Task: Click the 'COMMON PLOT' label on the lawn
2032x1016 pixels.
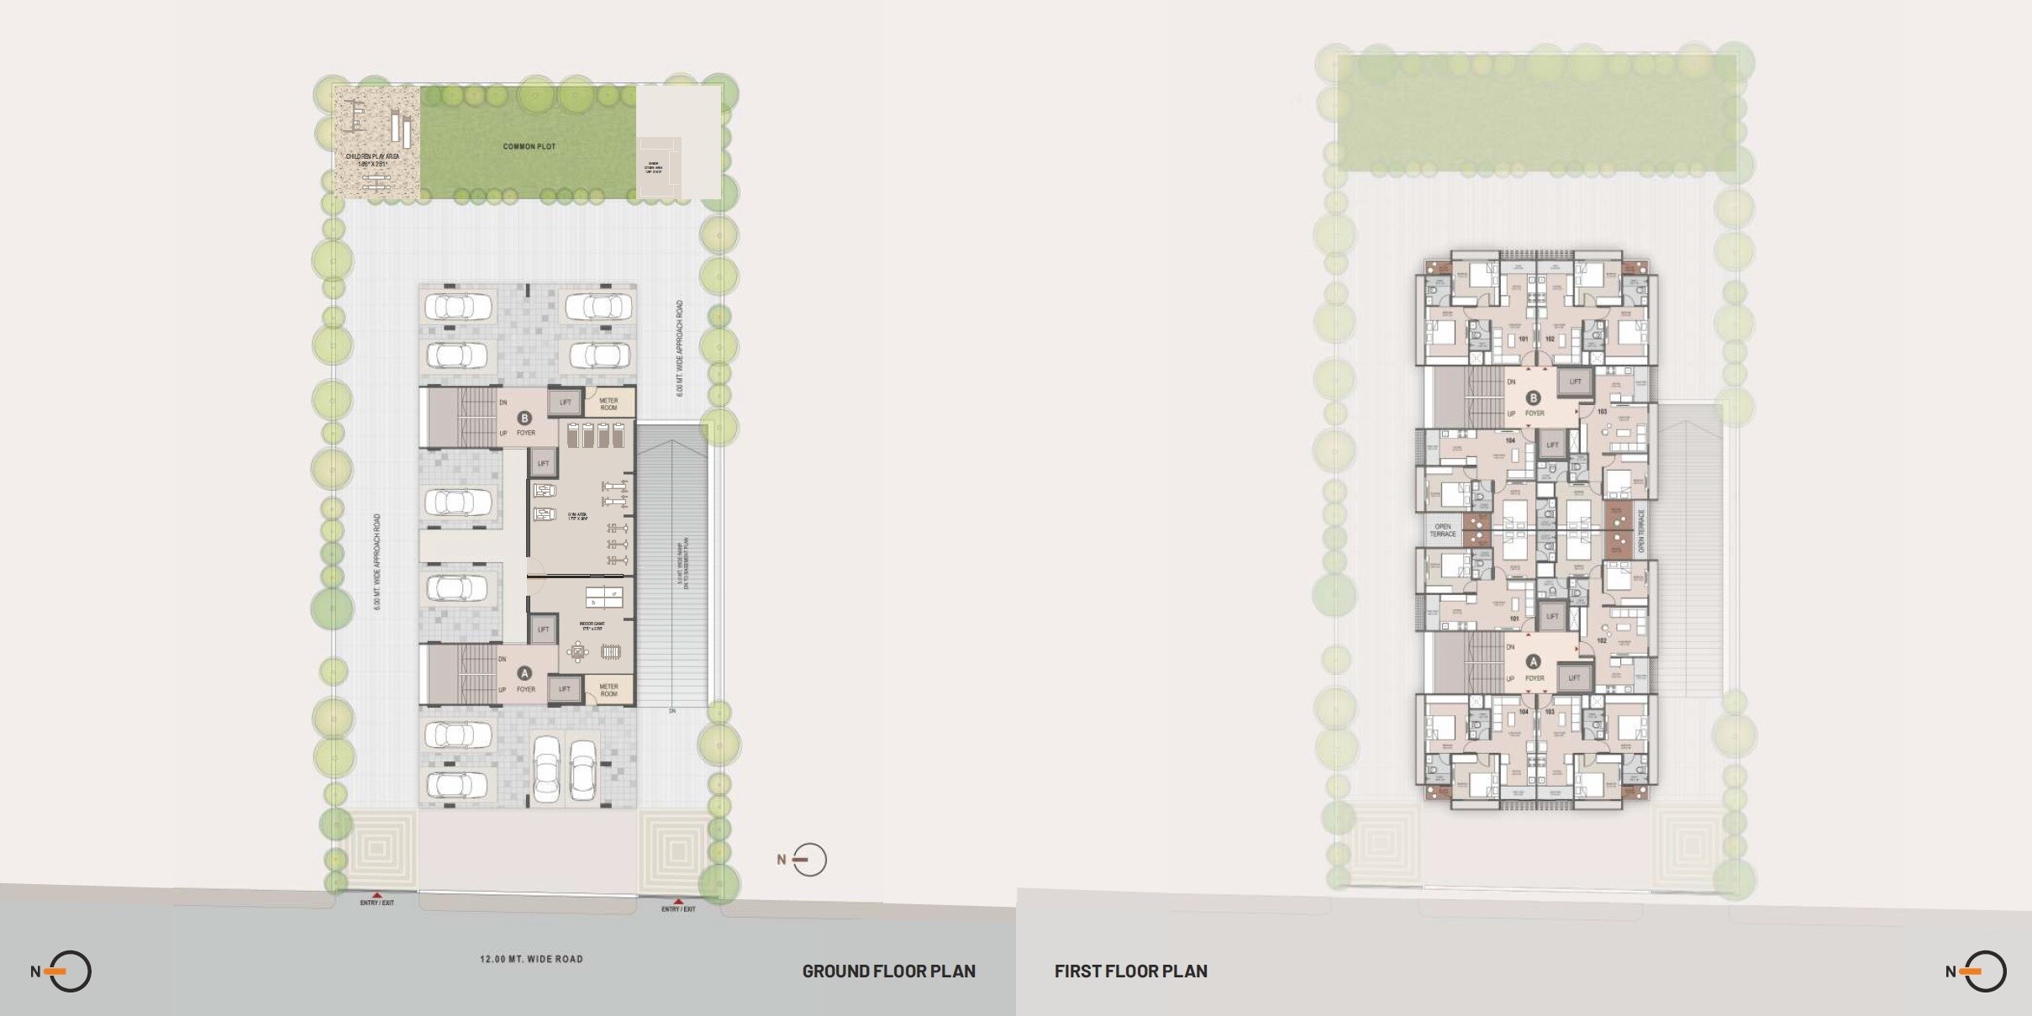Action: pyautogui.click(x=529, y=146)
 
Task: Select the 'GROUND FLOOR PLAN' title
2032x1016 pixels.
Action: pyautogui.click(x=888, y=971)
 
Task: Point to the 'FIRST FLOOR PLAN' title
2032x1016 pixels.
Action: pyautogui.click(x=1130, y=971)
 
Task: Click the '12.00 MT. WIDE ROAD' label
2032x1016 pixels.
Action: pyautogui.click(x=531, y=959)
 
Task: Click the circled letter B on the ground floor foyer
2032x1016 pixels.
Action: pyautogui.click(x=525, y=418)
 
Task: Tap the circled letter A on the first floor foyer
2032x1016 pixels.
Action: pyautogui.click(x=1534, y=662)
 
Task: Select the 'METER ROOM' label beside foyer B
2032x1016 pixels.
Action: pyautogui.click(x=608, y=404)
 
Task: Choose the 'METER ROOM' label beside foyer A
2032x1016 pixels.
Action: pyautogui.click(x=608, y=690)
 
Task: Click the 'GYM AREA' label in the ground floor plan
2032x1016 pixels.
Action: pyautogui.click(x=576, y=516)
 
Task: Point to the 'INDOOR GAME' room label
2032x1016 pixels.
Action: pyautogui.click(x=592, y=625)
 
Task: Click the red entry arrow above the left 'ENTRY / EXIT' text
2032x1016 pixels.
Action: pyautogui.click(x=376, y=895)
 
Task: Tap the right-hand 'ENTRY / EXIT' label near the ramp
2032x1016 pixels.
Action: pyautogui.click(x=678, y=909)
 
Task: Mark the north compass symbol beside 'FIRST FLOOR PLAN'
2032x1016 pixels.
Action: pyautogui.click(x=1984, y=971)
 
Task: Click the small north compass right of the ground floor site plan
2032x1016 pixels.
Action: pyautogui.click(x=808, y=859)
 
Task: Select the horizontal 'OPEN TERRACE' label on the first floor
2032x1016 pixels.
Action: pyautogui.click(x=1443, y=530)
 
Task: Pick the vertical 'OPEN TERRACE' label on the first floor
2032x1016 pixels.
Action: pyautogui.click(x=1640, y=531)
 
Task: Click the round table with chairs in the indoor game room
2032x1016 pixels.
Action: pyautogui.click(x=577, y=651)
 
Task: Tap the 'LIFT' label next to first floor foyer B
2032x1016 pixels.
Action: pyautogui.click(x=1575, y=382)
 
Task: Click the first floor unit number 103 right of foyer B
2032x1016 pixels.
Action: pyautogui.click(x=1602, y=412)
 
